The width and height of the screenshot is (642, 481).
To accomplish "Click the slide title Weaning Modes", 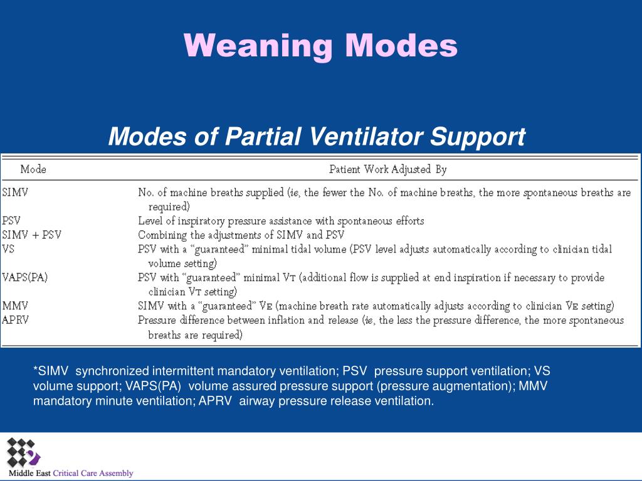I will (320, 45).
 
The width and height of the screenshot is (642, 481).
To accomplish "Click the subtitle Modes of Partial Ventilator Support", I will (317, 136).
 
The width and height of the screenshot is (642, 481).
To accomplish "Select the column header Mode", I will (33, 169).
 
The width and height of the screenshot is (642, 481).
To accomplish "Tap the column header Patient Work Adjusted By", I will (387, 169).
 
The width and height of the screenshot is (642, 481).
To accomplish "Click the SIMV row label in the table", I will (16, 193).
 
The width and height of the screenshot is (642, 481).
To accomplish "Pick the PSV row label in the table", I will (12, 220).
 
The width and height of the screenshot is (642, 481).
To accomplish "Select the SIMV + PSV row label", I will (31, 235).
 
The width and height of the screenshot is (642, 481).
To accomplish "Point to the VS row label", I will (8, 249).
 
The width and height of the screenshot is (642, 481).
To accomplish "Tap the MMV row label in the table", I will (15, 306).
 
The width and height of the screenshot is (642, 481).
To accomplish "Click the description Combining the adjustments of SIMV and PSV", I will (241, 235).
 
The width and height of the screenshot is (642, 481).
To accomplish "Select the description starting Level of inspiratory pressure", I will (281, 220).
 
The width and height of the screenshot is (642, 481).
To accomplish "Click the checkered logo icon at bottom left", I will (23, 453).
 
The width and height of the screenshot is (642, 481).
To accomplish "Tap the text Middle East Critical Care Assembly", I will (71, 473).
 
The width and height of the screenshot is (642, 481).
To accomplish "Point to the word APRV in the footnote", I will (216, 401).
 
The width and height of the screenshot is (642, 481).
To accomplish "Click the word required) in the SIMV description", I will (169, 207).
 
